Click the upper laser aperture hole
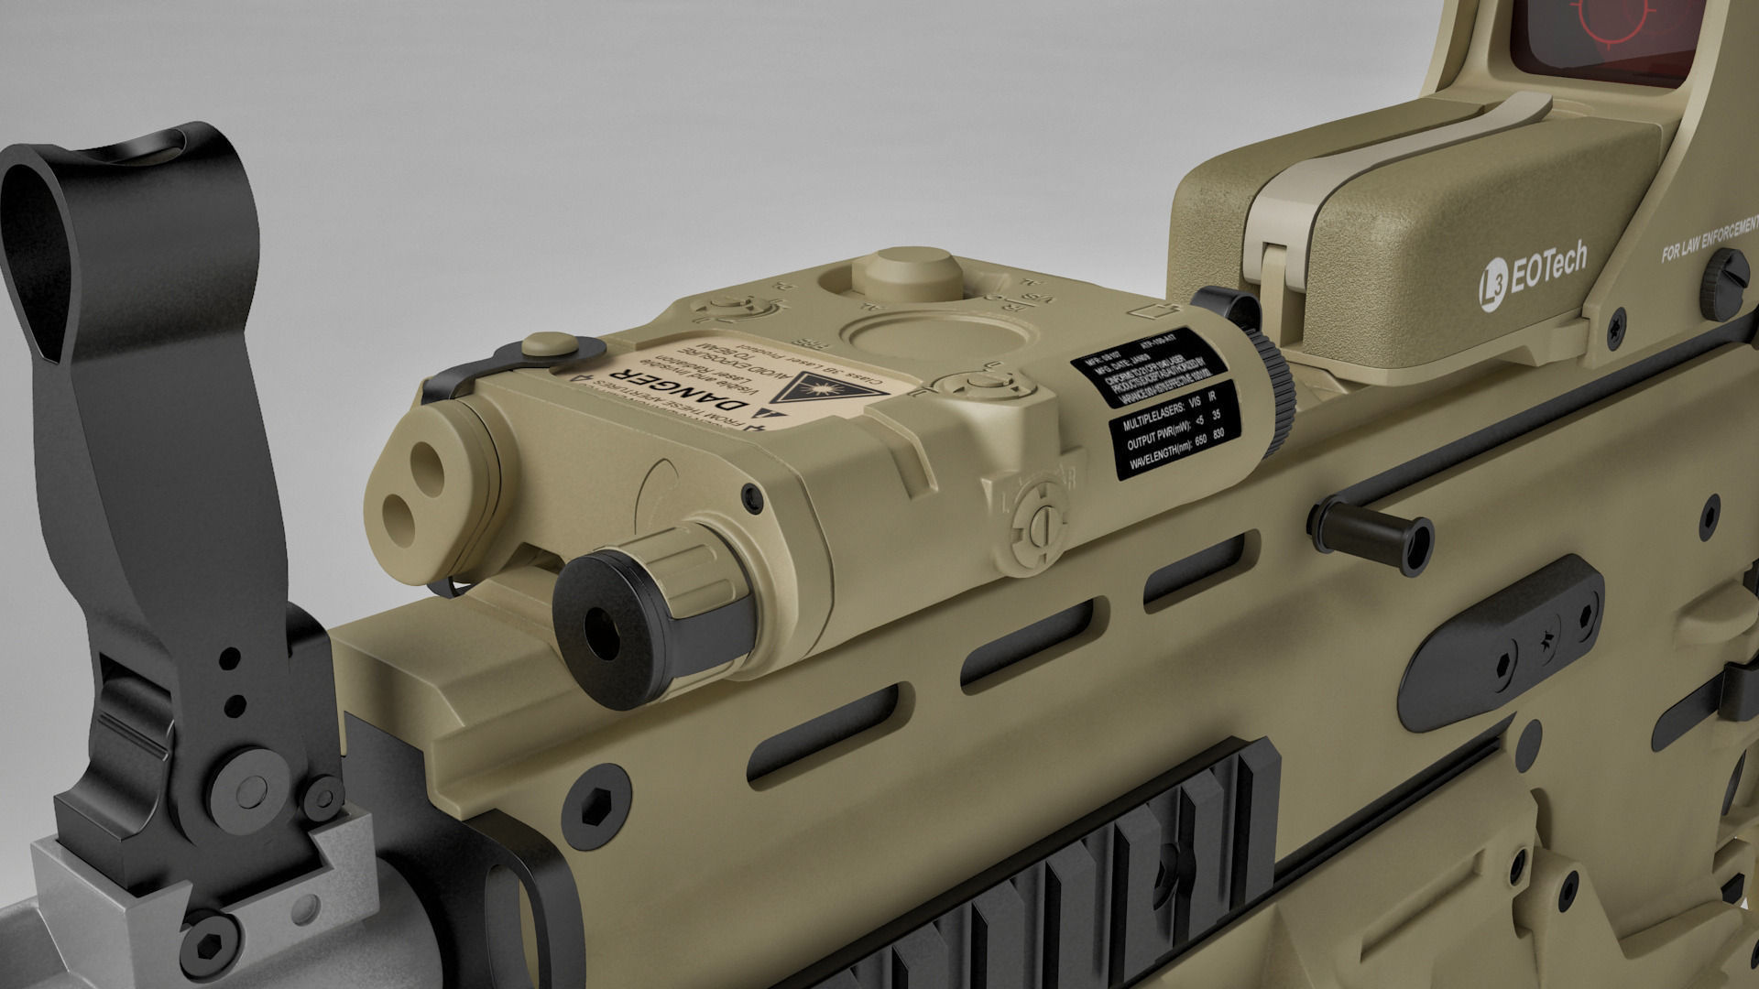pyautogui.click(x=426, y=457)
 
